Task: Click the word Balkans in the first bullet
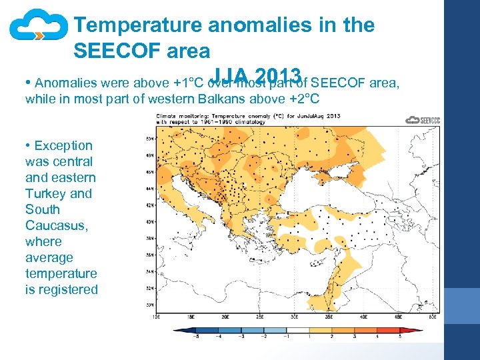click(252, 99)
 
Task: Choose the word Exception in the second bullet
click(63, 145)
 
